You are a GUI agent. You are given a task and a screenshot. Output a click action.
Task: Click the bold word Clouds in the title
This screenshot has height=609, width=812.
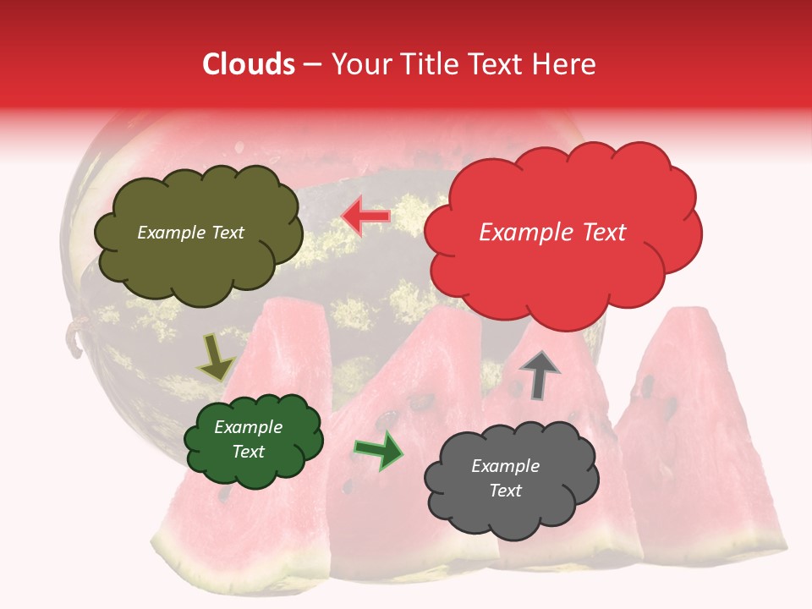249,64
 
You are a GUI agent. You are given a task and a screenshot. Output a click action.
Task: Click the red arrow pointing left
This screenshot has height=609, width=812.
365,217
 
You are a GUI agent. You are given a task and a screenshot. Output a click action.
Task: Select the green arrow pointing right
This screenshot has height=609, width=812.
380,450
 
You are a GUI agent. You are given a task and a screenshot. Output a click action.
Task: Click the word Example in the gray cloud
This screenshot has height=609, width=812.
505,466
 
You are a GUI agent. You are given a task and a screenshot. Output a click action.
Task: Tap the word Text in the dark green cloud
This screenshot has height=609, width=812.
248,452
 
